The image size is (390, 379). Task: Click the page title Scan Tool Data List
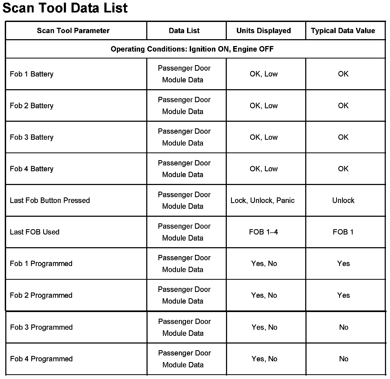(x=65, y=8)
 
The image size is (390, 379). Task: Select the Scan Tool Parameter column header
(x=73, y=31)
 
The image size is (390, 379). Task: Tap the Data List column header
(x=184, y=31)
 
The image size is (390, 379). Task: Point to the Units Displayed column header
(x=264, y=31)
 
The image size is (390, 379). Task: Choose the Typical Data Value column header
(x=343, y=31)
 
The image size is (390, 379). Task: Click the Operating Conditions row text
(x=192, y=49)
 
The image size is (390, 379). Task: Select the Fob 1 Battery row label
(x=32, y=74)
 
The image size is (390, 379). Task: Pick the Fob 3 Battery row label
(x=32, y=137)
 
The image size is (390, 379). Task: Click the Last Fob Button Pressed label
(x=50, y=200)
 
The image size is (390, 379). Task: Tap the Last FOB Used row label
(x=34, y=232)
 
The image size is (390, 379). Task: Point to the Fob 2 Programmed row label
(x=41, y=295)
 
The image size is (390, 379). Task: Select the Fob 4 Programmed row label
(x=41, y=359)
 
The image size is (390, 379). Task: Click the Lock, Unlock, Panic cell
(x=263, y=200)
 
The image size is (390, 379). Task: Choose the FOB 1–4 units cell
(x=264, y=232)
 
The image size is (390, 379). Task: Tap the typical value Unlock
(x=343, y=200)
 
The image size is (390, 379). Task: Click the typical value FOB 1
(x=343, y=232)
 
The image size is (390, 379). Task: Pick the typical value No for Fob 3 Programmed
(x=344, y=327)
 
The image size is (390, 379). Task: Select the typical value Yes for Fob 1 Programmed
(x=343, y=264)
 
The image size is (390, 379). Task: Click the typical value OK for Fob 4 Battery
(x=343, y=169)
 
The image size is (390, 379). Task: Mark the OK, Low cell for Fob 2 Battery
(x=264, y=106)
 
